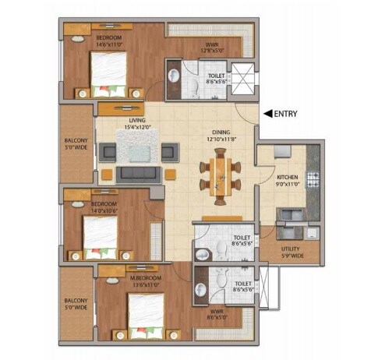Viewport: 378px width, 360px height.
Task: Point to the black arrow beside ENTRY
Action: (x=267, y=114)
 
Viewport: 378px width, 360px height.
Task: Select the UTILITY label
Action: (x=290, y=249)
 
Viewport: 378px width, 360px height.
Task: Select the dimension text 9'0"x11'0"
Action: (x=288, y=184)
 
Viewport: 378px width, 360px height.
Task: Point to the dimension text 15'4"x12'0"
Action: (x=139, y=128)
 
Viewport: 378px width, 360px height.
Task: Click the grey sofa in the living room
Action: (x=137, y=171)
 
